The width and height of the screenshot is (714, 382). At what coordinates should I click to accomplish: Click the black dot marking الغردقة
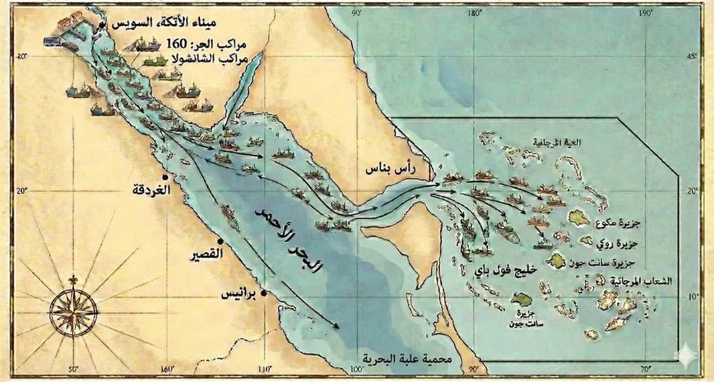click(x=173, y=178)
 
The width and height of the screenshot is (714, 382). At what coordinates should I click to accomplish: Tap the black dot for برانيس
click(x=263, y=293)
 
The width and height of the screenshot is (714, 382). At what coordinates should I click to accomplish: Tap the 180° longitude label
click(x=474, y=13)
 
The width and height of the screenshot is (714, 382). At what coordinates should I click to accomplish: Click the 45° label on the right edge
click(x=691, y=57)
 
